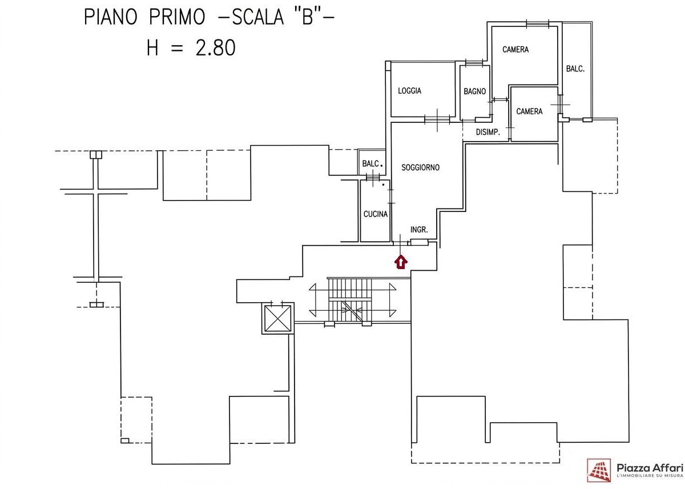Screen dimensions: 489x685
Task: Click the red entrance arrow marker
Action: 401,262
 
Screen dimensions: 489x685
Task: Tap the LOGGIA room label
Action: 410,91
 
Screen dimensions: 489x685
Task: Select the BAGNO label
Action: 475,91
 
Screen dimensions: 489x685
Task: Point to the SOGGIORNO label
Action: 421,167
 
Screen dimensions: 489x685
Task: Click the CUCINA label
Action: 376,214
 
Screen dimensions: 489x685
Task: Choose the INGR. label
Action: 419,230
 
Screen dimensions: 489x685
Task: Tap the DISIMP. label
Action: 488,133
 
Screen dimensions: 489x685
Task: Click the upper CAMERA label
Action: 515,50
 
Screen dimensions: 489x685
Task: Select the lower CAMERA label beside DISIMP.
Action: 529,111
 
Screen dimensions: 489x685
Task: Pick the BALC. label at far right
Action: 575,69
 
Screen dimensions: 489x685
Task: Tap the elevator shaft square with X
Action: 278,318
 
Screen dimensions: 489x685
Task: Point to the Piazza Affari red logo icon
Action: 599,470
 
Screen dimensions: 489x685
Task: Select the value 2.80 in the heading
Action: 215,48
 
